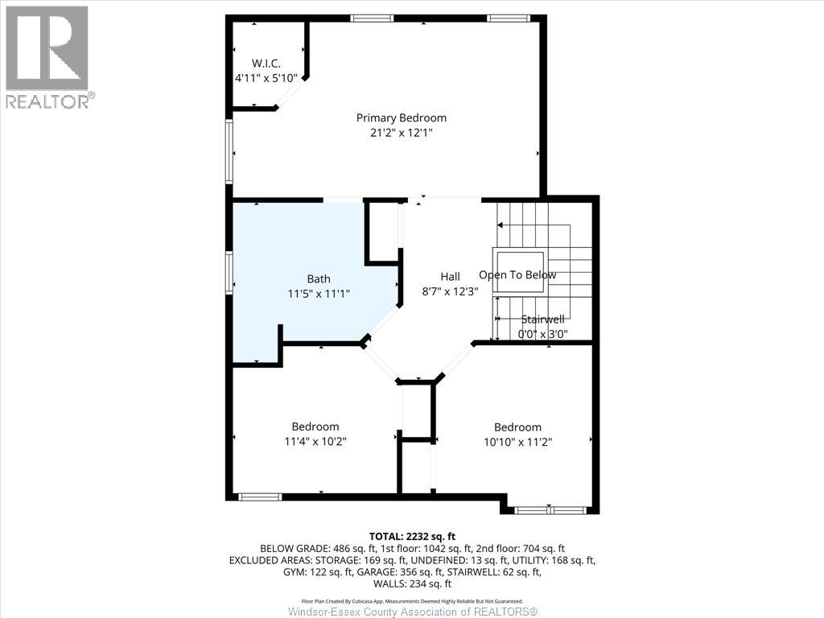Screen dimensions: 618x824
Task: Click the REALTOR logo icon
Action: point(47,48)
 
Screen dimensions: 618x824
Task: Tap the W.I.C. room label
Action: point(266,64)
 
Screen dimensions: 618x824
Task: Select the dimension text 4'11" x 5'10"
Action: point(266,78)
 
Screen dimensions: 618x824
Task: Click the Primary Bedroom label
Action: point(401,117)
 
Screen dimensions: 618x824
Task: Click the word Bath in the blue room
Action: point(318,279)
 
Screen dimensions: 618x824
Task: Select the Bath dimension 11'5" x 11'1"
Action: point(318,294)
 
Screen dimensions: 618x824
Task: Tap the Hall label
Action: point(450,277)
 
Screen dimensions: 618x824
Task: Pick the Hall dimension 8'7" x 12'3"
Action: point(450,291)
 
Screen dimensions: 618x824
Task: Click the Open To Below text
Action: point(517,275)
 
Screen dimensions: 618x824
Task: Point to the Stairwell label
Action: point(542,319)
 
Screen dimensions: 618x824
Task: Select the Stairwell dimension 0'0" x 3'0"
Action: point(542,334)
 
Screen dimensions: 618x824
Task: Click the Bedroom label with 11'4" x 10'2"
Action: point(315,426)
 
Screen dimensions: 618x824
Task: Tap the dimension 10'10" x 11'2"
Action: point(517,441)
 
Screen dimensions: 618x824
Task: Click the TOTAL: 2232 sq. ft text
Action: point(412,536)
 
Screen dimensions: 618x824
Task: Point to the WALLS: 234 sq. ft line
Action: point(412,583)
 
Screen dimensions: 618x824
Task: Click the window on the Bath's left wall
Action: point(230,273)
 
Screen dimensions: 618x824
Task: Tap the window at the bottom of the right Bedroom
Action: point(550,509)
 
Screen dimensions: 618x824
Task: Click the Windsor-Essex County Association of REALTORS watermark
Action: point(412,612)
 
